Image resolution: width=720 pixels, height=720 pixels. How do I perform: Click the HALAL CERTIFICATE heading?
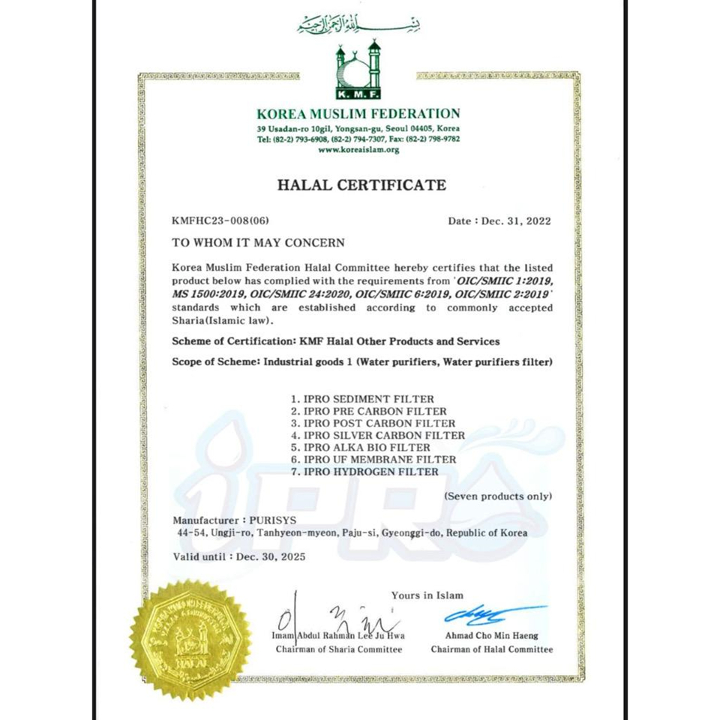click(361, 184)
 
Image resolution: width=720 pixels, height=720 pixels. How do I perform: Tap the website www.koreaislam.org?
click(358, 149)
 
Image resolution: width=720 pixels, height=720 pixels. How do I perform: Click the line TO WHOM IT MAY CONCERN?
click(258, 243)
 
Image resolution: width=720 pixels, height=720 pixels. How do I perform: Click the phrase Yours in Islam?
click(427, 595)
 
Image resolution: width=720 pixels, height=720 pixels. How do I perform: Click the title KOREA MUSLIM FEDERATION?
click(358, 114)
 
